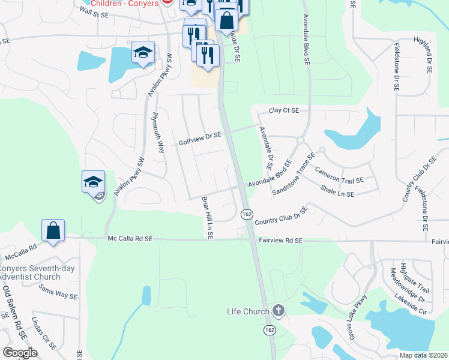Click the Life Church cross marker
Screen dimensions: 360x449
point(277,311)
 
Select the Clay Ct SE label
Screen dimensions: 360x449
point(284,111)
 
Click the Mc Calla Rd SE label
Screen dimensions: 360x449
point(130,239)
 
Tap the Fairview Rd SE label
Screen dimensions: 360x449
point(281,240)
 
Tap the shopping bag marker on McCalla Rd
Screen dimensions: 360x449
point(53,230)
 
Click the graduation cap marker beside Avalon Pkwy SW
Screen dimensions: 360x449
point(94,181)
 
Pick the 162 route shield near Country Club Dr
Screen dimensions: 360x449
point(247,214)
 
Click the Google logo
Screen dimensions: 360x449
point(20,353)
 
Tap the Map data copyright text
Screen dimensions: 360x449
point(423,355)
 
